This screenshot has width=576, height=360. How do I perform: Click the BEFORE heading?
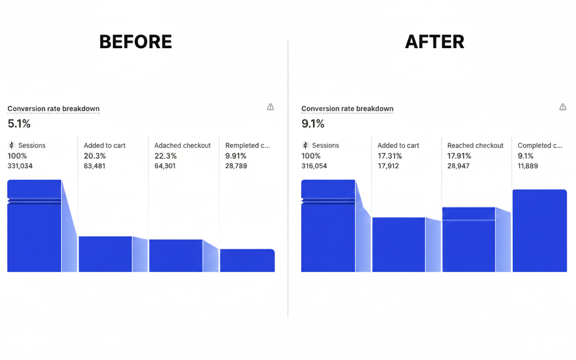tap(135, 42)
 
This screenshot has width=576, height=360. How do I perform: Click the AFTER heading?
tap(434, 42)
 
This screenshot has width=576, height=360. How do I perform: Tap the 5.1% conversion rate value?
tap(19, 124)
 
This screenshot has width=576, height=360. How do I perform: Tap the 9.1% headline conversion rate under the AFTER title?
tap(313, 124)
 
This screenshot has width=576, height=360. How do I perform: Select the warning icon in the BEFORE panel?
tap(270, 107)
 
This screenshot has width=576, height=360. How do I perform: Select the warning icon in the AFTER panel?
tap(562, 107)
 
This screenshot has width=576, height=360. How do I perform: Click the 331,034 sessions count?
tap(20, 166)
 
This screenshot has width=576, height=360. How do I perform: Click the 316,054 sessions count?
tap(314, 166)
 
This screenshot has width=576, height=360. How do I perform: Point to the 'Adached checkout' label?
tap(182, 145)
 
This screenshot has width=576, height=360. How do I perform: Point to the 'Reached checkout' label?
tap(475, 145)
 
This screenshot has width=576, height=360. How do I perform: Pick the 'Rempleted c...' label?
tap(247, 145)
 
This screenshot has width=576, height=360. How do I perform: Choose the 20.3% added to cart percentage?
tap(94, 156)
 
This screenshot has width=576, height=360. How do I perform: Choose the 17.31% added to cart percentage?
tap(390, 156)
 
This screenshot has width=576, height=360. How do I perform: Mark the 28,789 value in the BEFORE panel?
tap(236, 166)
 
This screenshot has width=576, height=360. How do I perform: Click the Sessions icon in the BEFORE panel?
tap(12, 145)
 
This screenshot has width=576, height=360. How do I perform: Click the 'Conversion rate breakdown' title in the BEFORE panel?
tap(54, 108)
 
